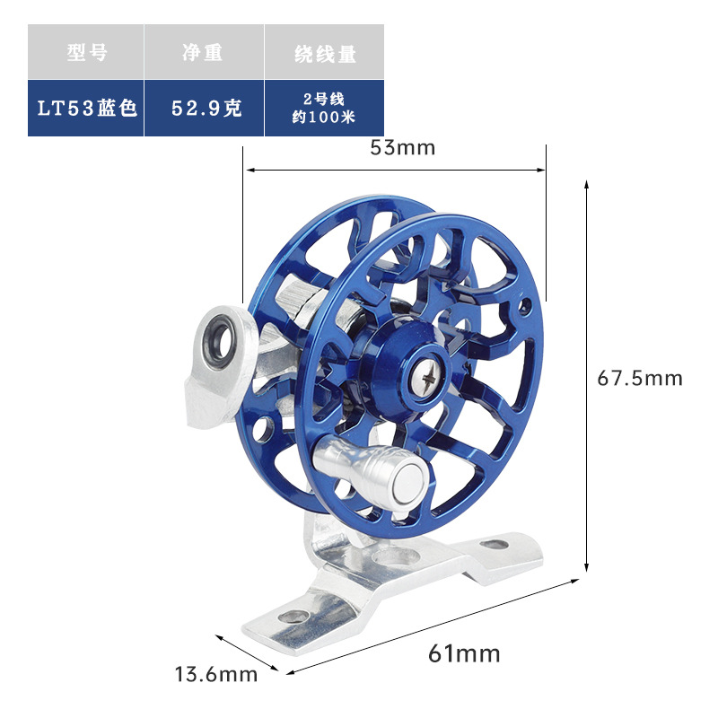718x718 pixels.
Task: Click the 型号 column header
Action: [x=86, y=53]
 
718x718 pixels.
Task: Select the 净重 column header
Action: [x=203, y=53]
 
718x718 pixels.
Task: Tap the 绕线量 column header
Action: [x=325, y=53]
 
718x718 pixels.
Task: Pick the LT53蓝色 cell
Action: [x=86, y=108]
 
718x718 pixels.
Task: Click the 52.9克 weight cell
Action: [x=205, y=108]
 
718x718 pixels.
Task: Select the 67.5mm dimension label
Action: [x=640, y=378]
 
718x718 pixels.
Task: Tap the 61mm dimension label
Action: [x=464, y=652]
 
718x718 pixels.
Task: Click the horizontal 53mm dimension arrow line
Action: [x=395, y=168]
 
